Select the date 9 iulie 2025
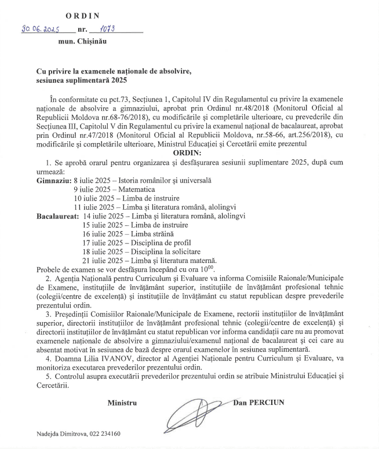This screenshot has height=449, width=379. click(x=93, y=189)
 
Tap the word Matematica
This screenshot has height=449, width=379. click(x=137, y=189)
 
